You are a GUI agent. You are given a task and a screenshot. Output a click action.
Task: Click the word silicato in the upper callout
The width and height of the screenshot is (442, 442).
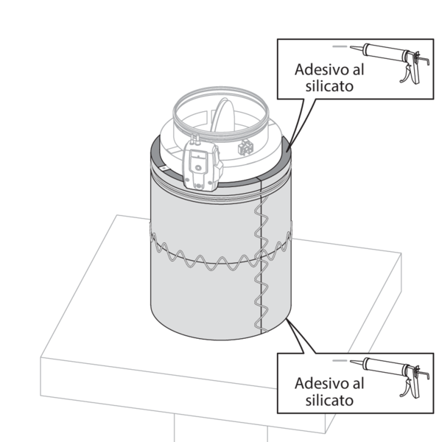click(x=329, y=86)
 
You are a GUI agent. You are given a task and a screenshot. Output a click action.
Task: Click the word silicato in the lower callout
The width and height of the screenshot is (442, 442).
click(x=329, y=400)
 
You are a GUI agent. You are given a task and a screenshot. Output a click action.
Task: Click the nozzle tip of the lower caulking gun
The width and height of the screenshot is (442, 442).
click(x=351, y=361)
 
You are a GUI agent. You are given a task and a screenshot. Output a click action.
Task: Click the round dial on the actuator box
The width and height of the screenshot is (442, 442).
click(x=198, y=168)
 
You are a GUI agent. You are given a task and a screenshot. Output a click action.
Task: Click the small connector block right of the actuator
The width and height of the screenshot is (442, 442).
click(x=245, y=147)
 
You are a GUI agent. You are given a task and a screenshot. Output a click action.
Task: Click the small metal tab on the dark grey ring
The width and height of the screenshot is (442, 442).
click(x=164, y=168)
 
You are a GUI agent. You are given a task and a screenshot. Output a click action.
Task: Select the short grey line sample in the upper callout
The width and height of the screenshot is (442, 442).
click(x=340, y=46)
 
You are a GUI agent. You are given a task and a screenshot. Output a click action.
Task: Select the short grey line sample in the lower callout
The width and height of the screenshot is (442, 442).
click(x=340, y=360)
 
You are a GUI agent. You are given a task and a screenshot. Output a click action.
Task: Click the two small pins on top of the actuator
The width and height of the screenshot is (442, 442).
click(x=194, y=138)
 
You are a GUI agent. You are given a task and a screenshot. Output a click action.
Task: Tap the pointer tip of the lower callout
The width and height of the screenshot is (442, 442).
click(x=287, y=320)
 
